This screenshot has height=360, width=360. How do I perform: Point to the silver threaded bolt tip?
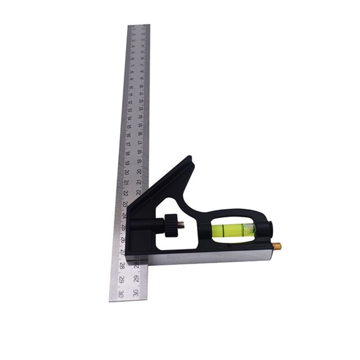point(182,226)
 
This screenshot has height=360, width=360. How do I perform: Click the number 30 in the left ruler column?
point(121,293)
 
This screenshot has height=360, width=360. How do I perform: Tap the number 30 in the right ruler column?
point(136,293)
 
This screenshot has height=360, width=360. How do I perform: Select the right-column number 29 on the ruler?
point(136,278)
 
